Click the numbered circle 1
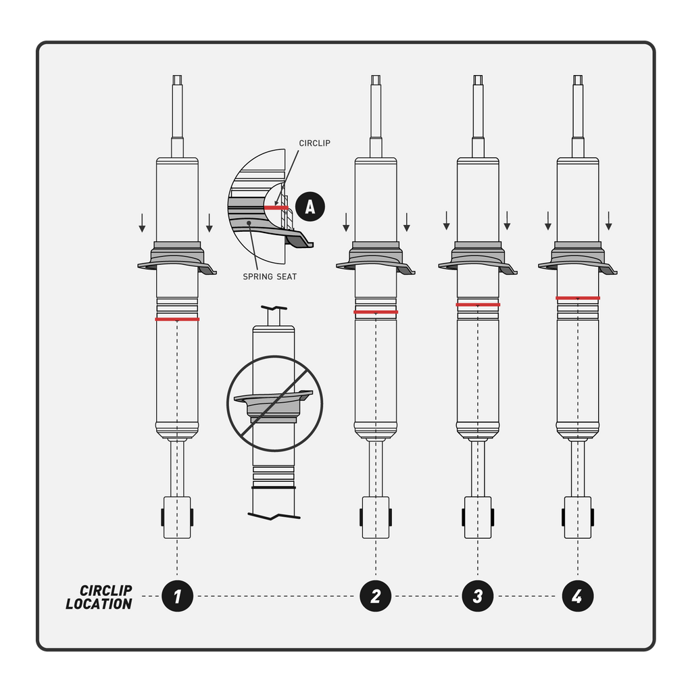tap(177, 596)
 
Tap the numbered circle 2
tap(376, 596)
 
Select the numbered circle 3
tap(478, 596)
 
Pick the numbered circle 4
tap(578, 596)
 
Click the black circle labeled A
tap(310, 206)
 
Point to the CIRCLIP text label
tap(314, 143)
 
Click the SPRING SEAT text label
tap(269, 277)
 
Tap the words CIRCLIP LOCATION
tap(99, 597)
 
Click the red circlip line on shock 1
tap(177, 319)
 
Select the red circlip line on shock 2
tap(376, 312)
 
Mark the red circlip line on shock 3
tap(478, 305)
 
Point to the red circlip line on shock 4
tap(578, 297)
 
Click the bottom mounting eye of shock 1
tap(177, 518)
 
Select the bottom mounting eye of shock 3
tap(478, 518)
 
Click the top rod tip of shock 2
tap(376, 80)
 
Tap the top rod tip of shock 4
tap(578, 80)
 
